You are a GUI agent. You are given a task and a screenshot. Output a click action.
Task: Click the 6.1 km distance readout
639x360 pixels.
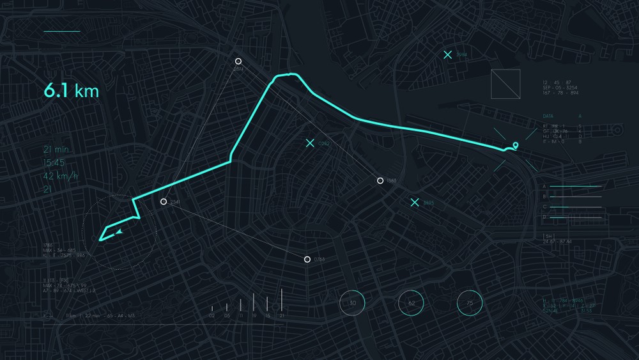[71, 91]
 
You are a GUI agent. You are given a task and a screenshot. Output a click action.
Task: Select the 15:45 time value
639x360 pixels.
[54, 162]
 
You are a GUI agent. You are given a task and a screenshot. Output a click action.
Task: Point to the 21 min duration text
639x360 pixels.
[56, 150]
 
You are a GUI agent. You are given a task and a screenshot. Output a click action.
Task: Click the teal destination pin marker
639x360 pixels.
[515, 146]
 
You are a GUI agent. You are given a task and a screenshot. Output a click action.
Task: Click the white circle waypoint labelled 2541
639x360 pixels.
[164, 201]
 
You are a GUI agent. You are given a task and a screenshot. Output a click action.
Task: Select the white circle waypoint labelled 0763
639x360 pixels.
[307, 259]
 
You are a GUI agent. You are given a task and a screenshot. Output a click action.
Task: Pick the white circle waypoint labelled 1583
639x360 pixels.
[380, 181]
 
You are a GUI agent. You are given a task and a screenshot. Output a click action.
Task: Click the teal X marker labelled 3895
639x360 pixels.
[415, 203]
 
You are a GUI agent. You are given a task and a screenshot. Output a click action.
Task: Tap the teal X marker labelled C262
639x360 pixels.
[310, 143]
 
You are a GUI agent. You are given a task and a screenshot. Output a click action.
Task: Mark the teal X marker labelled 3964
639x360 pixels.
[448, 55]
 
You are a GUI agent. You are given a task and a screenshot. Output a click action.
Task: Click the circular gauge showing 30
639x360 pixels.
[351, 302]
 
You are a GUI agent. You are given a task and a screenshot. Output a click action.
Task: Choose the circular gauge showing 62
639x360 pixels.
[411, 302]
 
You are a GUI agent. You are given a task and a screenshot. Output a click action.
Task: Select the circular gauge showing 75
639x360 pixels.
[470, 302]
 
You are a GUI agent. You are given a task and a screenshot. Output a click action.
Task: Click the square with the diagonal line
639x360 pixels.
[505, 84]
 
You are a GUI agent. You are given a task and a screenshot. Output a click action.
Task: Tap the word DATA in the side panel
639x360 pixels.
[548, 116]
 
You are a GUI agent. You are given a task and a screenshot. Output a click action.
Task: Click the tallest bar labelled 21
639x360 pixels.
[282, 301]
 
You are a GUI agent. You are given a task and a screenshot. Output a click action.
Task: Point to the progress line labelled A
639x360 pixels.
[575, 187]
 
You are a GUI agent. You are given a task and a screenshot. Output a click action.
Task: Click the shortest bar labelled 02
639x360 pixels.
[212, 309]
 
